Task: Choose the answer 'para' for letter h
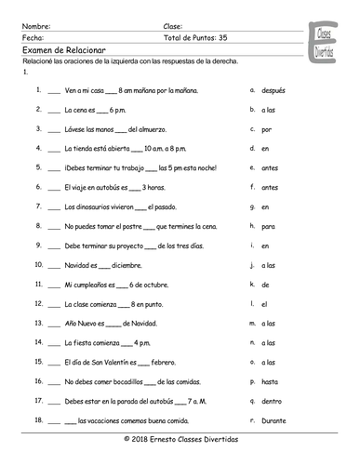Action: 270,226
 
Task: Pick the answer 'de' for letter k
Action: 267,284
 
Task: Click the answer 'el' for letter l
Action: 266,303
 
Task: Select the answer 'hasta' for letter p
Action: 272,381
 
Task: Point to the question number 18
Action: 36,421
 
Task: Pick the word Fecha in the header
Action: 31,38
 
